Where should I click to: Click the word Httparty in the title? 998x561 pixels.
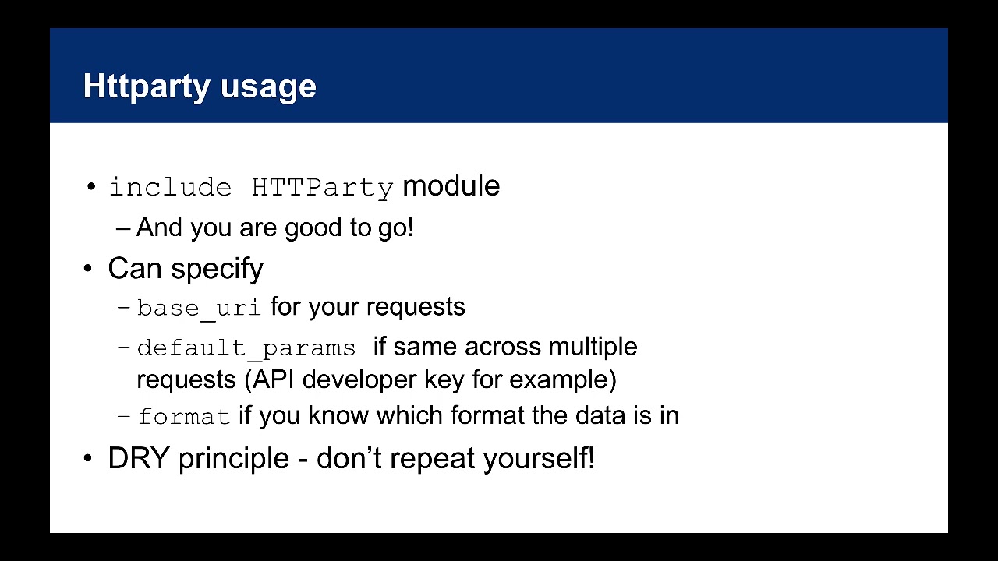(147, 86)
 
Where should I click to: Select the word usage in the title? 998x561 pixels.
(268, 87)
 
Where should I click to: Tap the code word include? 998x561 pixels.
(170, 188)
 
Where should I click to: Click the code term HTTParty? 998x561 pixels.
(322, 188)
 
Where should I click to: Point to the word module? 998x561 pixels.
(451, 186)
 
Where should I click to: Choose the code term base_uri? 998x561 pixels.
(199, 308)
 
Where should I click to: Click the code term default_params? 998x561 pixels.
(246, 348)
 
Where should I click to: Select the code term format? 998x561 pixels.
(184, 417)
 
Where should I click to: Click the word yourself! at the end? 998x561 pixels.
(539, 458)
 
